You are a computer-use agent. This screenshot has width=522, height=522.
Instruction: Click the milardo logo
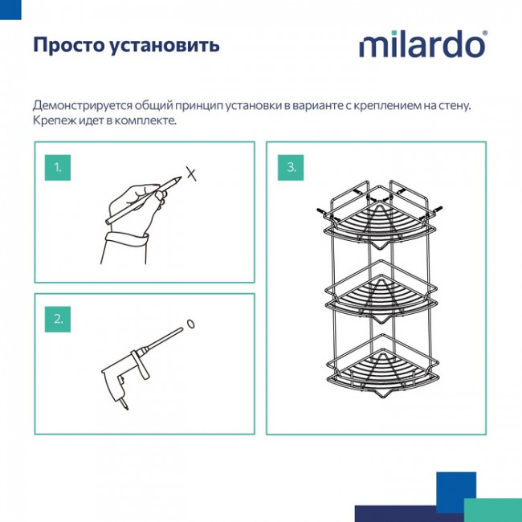(422, 44)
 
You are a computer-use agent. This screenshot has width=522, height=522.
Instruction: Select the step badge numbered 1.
(57, 168)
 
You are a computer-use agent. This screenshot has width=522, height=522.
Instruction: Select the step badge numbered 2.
(57, 319)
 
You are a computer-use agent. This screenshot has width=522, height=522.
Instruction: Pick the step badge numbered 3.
(292, 168)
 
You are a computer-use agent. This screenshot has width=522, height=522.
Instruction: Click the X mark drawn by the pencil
(190, 173)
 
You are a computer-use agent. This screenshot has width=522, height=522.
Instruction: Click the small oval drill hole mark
(190, 323)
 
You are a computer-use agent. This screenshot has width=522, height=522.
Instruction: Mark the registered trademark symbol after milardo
(483, 35)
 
